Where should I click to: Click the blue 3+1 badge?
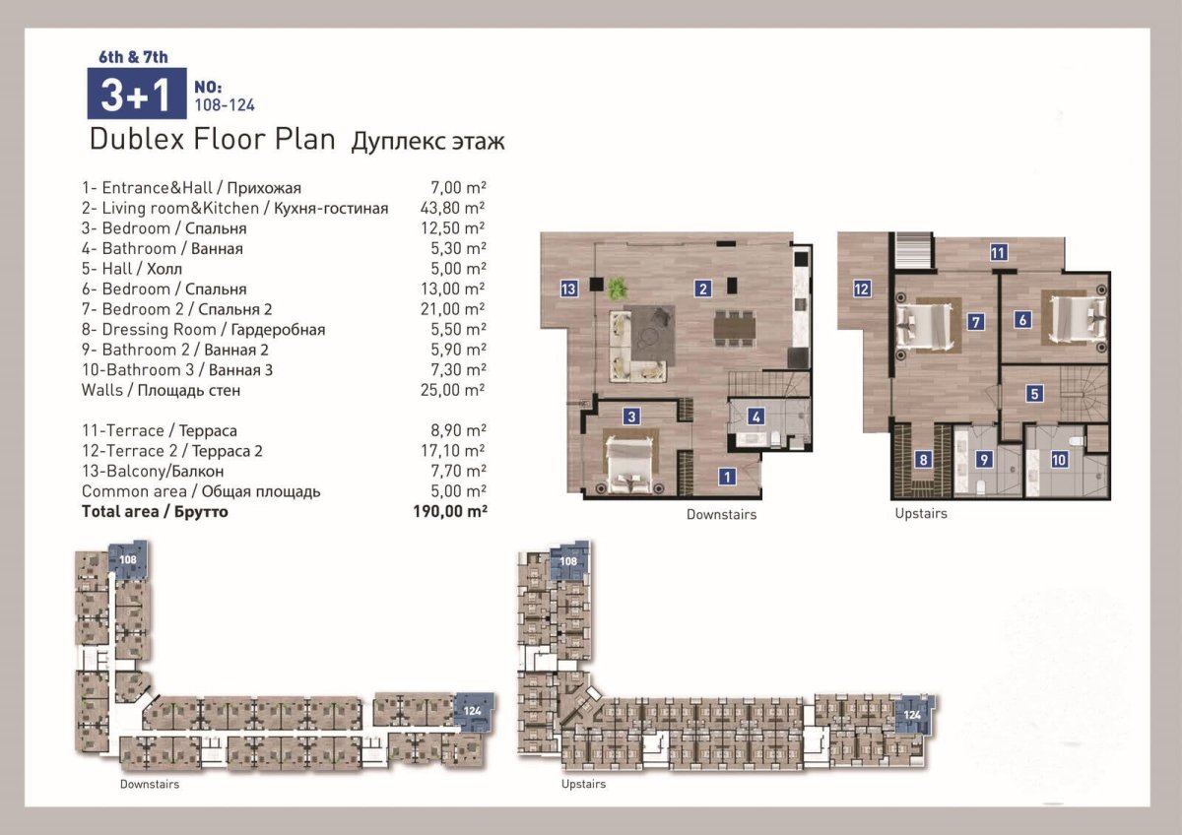pos(137,94)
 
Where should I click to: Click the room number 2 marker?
pos(703,289)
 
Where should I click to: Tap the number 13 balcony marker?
pos(568,289)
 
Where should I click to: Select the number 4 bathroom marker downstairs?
pos(755,417)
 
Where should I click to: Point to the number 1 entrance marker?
pos(727,477)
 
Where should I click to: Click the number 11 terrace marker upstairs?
pos(997,253)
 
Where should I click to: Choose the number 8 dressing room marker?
pos(923,460)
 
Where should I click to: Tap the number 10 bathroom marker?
pos(1059,460)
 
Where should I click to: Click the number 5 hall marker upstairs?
pos(1034,394)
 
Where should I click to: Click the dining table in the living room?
pos(734,328)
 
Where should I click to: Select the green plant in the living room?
pos(617,288)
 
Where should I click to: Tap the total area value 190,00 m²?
pos(450,511)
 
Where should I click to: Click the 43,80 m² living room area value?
pos(452,208)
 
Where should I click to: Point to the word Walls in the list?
pos(101,390)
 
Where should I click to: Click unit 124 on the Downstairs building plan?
pos(473,712)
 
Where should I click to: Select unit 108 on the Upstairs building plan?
pos(569,561)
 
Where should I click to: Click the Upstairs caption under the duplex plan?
pos(921,514)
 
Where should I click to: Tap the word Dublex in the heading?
pos(137,139)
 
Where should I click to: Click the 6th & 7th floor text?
pos(134,57)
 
